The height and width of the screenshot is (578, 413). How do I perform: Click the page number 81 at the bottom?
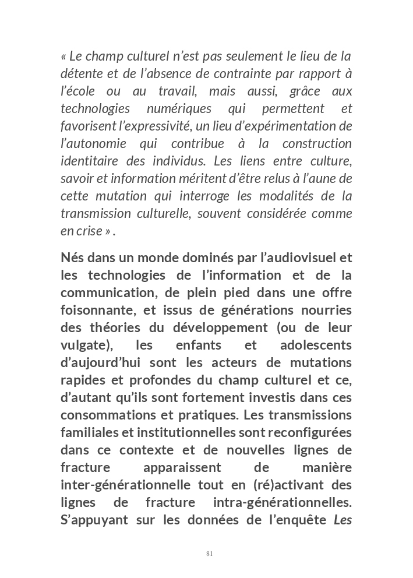pyautogui.click(x=209, y=554)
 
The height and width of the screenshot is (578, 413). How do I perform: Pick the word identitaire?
pyautogui.click(x=85, y=161)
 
